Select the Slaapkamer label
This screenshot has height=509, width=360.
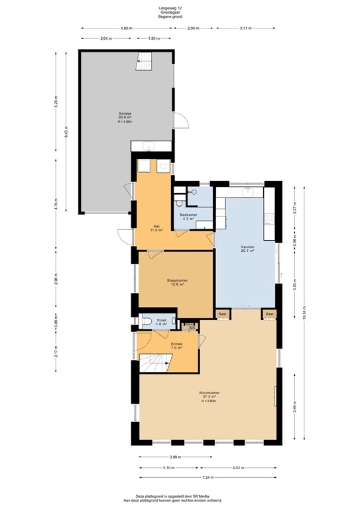coord(177,281)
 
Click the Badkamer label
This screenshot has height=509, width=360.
coord(187,215)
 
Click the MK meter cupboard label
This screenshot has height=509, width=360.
coord(192,327)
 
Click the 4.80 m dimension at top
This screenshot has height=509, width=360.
coord(127,28)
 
